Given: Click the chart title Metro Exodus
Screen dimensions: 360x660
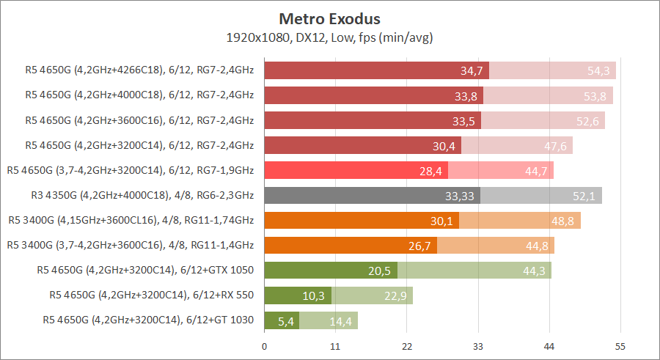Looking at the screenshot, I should pyautogui.click(x=330, y=18).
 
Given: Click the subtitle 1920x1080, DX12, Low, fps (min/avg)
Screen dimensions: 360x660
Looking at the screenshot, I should pyautogui.click(x=330, y=37).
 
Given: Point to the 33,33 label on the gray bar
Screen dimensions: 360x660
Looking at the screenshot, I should pyautogui.click(x=460, y=196).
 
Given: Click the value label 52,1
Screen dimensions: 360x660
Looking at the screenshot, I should pyautogui.click(x=585, y=196).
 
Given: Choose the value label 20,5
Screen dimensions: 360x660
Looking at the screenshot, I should pyautogui.click(x=380, y=271).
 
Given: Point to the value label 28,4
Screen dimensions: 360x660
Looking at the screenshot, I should pyautogui.click(x=431, y=171).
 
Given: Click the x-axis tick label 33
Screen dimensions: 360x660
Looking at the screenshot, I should pyautogui.click(x=477, y=345).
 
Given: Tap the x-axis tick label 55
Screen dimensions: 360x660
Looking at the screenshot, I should pyautogui.click(x=620, y=345).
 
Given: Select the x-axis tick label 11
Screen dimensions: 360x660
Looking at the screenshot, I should pyautogui.click(x=335, y=345).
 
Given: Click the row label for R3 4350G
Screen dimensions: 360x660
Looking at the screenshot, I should pyautogui.click(x=139, y=196).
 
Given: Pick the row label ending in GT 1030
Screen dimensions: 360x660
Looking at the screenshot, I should pyautogui.click(x=148, y=320).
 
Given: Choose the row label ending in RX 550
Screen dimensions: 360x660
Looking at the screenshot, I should pyautogui.click(x=152, y=295).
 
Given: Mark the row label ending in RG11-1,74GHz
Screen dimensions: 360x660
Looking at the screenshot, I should pyautogui.click(x=131, y=220).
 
